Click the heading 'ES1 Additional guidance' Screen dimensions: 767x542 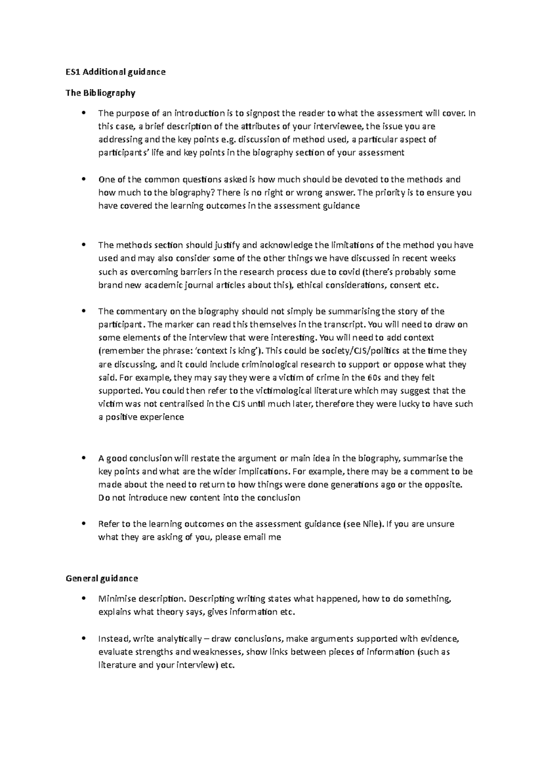[116, 72]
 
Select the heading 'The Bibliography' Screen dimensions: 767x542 [100, 93]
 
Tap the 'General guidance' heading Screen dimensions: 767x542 [102, 578]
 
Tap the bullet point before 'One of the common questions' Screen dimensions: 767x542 [82, 179]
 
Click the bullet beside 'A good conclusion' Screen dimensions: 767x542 [82, 458]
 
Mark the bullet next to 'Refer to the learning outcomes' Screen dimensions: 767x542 [82, 524]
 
